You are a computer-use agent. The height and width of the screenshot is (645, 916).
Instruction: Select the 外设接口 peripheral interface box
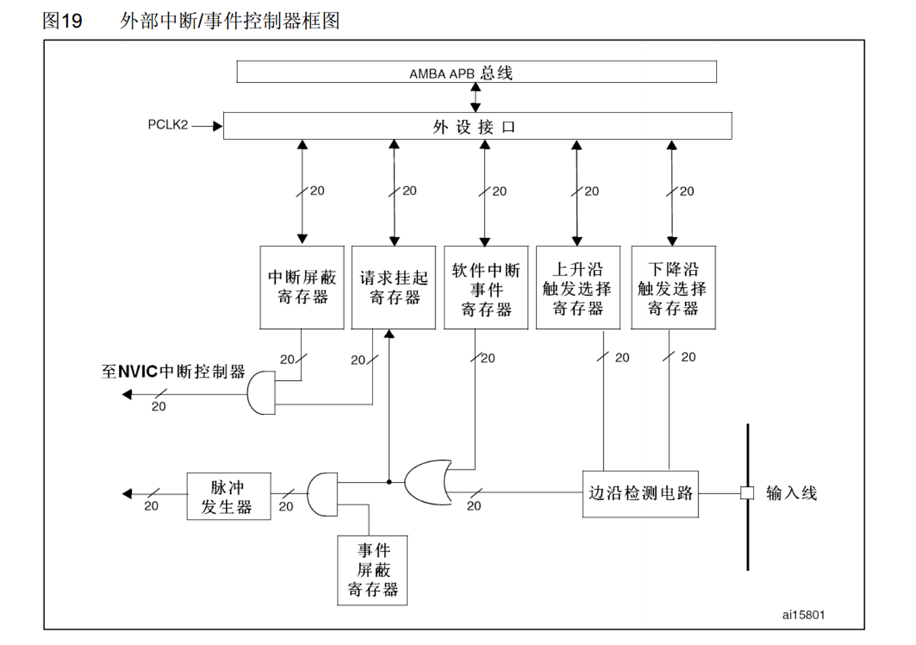[477, 127]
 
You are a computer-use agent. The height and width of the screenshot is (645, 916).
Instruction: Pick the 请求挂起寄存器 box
[393, 287]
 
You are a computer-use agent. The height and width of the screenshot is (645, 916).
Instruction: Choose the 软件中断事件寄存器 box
[485, 287]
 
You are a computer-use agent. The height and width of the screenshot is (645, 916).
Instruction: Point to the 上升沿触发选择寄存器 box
[578, 287]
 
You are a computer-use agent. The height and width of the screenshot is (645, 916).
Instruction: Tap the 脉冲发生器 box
[229, 496]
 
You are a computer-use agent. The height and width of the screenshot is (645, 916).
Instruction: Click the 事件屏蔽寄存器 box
[373, 570]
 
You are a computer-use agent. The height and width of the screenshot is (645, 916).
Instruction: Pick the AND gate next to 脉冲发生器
[323, 494]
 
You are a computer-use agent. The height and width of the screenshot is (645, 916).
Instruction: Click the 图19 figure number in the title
[62, 21]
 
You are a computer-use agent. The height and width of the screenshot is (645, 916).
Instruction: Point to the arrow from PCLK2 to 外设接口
[207, 127]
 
